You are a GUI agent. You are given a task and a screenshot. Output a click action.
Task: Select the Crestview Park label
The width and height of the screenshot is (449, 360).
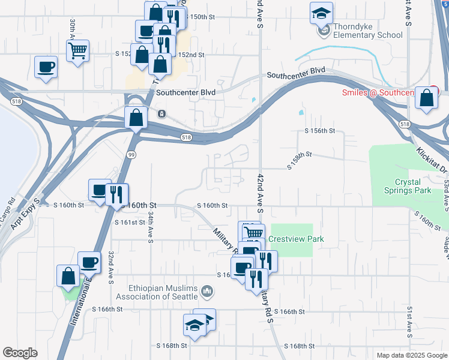[296, 239]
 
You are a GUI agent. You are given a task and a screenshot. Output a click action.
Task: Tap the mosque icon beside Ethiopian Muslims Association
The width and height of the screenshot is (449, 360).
[208, 292]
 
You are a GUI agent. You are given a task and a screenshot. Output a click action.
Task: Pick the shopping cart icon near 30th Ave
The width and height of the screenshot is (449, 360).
[78, 52]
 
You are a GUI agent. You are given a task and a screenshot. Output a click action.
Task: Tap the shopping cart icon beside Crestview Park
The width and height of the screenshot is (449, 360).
[254, 233]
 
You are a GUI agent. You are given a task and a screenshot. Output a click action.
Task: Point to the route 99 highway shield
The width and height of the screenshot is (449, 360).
[130, 155]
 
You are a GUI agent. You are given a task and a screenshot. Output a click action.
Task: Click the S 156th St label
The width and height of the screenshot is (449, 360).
[319, 131]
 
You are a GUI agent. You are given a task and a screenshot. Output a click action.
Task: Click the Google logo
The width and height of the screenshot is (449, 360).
[20, 353]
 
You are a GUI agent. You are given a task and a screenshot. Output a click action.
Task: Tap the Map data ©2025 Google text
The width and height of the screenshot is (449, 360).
[411, 355]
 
